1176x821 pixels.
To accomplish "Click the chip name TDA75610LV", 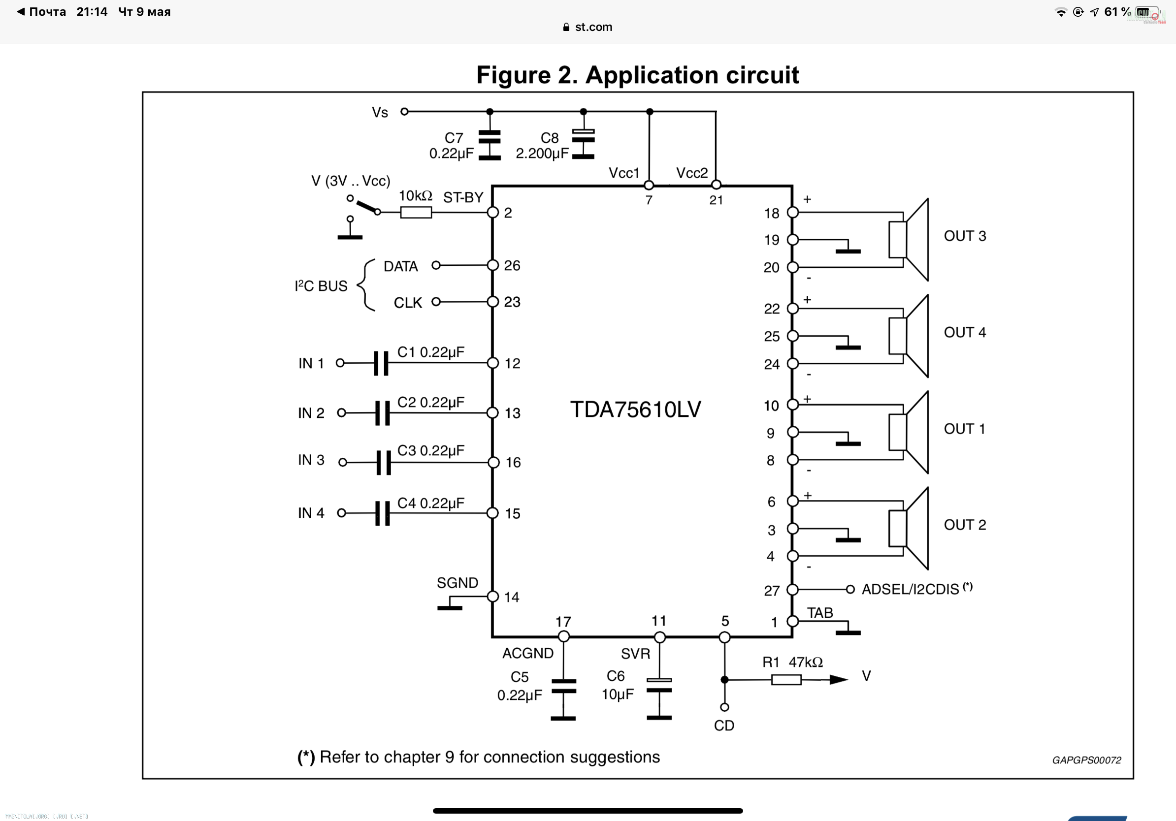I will (635, 410).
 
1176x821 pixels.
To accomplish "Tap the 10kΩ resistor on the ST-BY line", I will (416, 212).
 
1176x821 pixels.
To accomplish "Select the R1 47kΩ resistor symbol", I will (786, 680).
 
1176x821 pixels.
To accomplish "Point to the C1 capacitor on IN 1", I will (382, 363).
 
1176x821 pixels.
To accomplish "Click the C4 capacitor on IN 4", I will (383, 513).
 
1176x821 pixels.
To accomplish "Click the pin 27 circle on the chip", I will (793, 590).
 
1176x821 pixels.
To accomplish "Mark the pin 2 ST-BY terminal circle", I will (493, 213).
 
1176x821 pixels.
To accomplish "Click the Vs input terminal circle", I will (405, 111).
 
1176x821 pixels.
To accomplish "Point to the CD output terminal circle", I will (724, 707).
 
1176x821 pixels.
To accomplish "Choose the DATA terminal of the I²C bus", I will (436, 265).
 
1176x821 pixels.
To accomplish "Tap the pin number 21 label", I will (716, 200).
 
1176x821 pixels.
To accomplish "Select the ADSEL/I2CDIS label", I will (910, 590).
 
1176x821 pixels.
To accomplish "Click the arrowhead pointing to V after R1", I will (838, 680).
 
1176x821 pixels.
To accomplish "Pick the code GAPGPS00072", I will (1086, 760).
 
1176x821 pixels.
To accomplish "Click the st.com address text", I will (593, 27).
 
